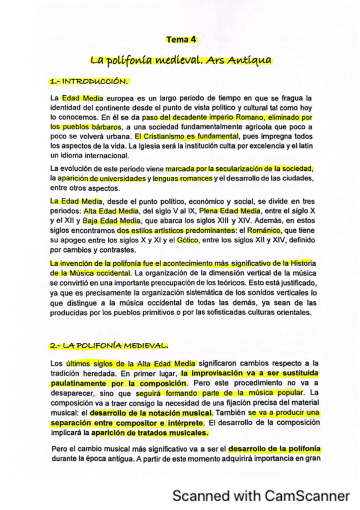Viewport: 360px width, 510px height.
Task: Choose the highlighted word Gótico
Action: [188, 240]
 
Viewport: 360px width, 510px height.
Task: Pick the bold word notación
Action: [162, 413]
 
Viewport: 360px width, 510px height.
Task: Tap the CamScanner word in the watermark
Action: [304, 496]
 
